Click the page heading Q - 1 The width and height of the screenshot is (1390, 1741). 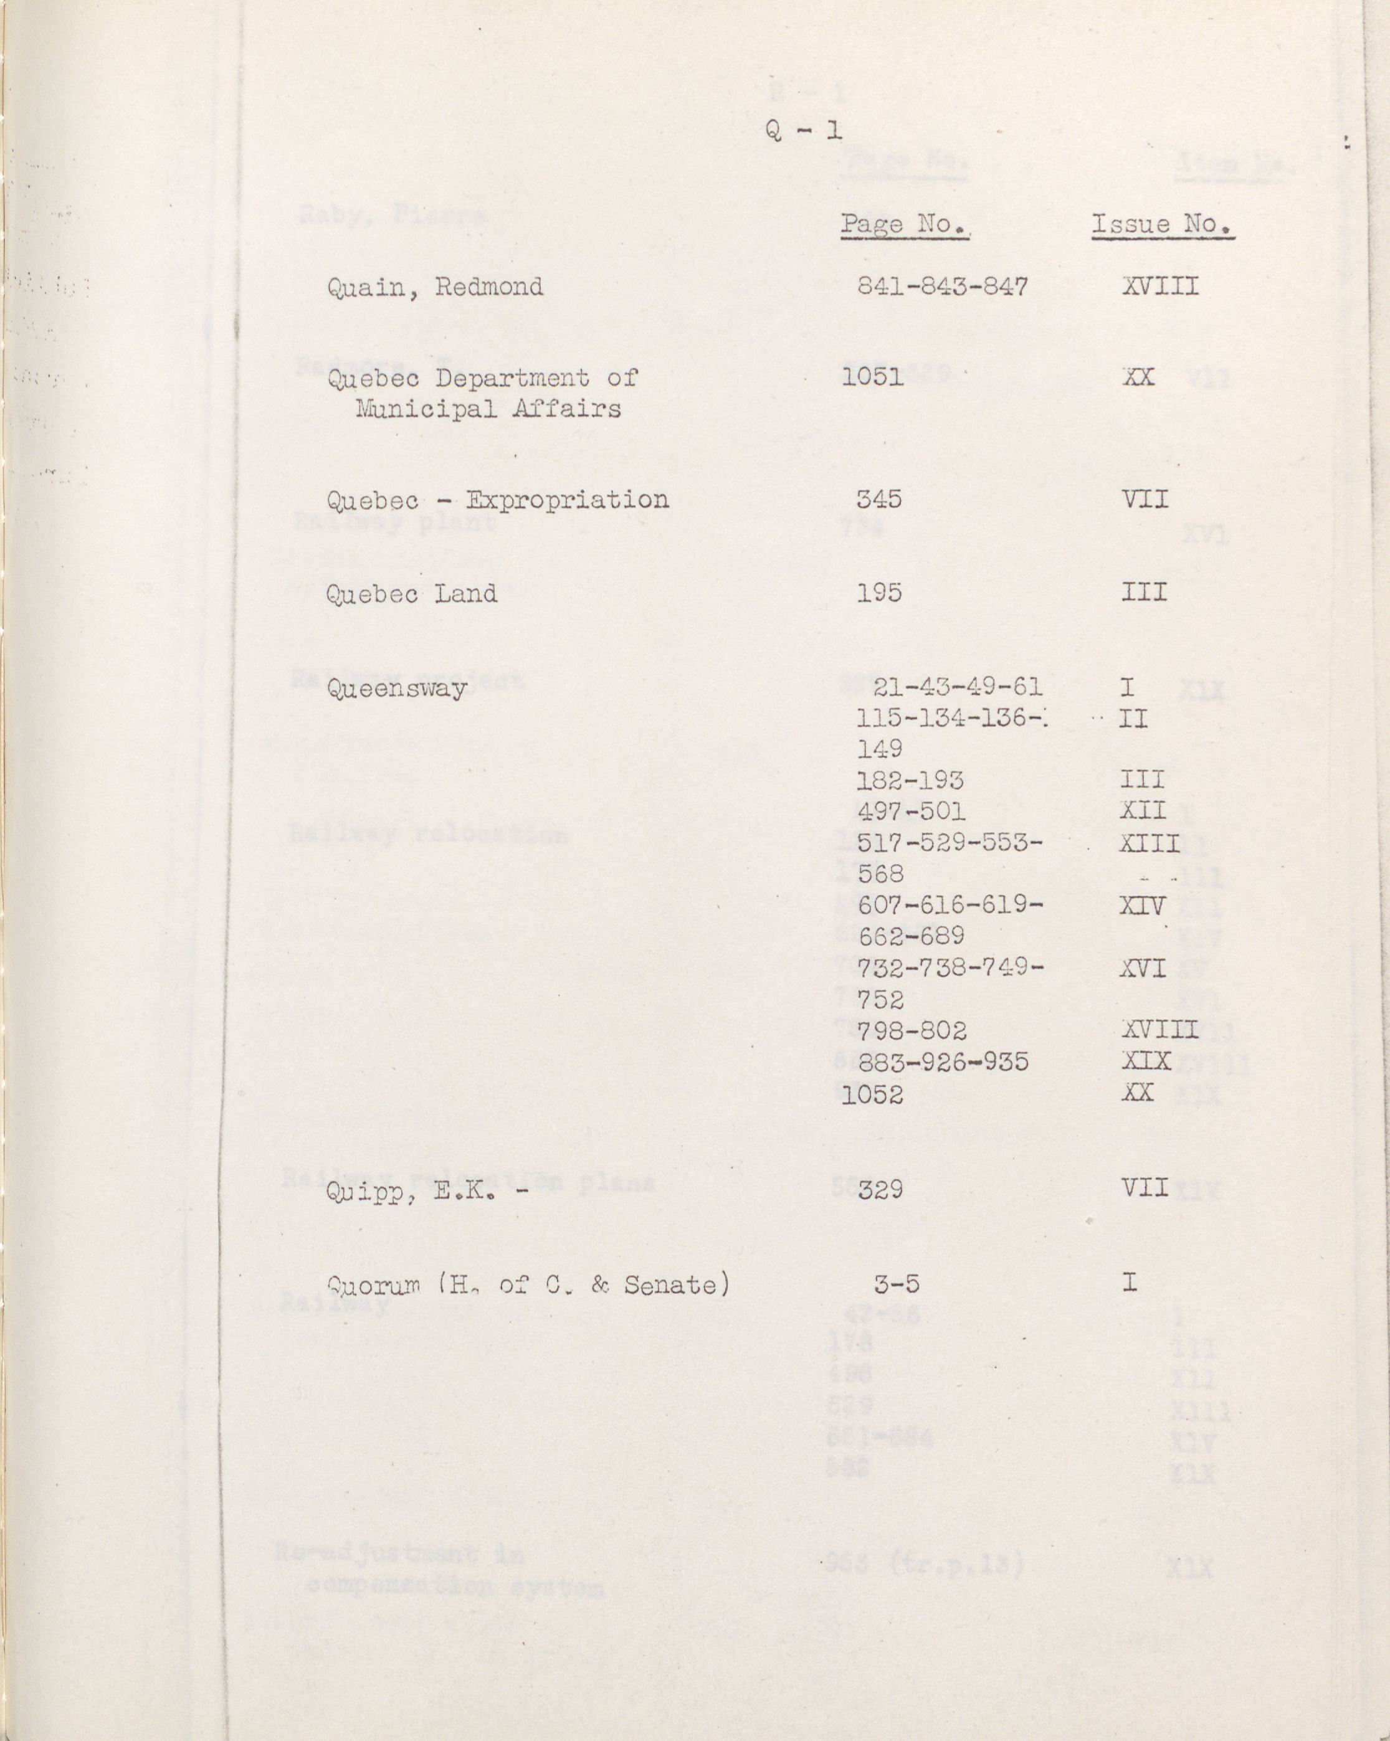tap(803, 130)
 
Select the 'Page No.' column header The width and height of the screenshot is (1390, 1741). tap(905, 224)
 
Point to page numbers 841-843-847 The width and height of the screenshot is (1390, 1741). tap(942, 287)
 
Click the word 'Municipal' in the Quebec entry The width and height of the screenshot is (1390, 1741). tap(419, 409)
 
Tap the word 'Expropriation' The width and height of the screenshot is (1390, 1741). tap(567, 500)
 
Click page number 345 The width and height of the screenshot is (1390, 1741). tap(880, 499)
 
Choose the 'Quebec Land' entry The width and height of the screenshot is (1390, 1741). tap(411, 594)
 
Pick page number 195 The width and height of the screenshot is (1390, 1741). tap(880, 594)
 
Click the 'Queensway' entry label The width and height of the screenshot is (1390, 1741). tap(397, 689)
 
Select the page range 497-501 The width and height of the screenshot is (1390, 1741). tap(910, 811)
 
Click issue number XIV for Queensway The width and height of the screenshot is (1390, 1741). tap(1142, 905)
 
